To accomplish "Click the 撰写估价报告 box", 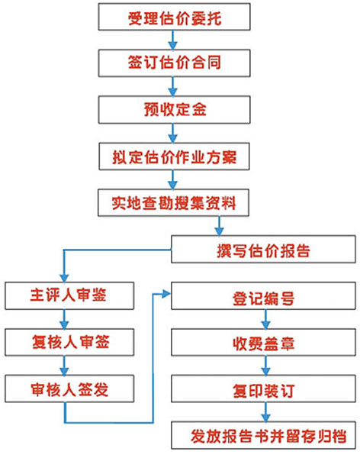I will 263,249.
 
